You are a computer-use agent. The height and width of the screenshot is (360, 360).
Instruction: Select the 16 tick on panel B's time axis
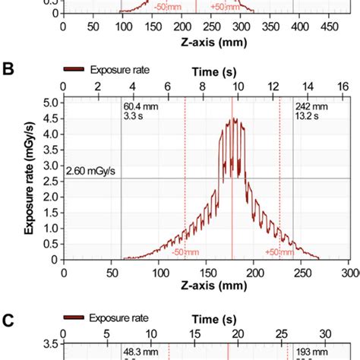(x=343, y=88)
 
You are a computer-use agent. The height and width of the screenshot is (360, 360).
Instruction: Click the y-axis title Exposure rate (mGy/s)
(x=30, y=179)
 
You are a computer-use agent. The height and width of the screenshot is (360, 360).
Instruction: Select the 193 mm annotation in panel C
(x=308, y=353)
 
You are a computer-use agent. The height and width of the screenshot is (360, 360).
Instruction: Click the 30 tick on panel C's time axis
(x=325, y=335)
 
